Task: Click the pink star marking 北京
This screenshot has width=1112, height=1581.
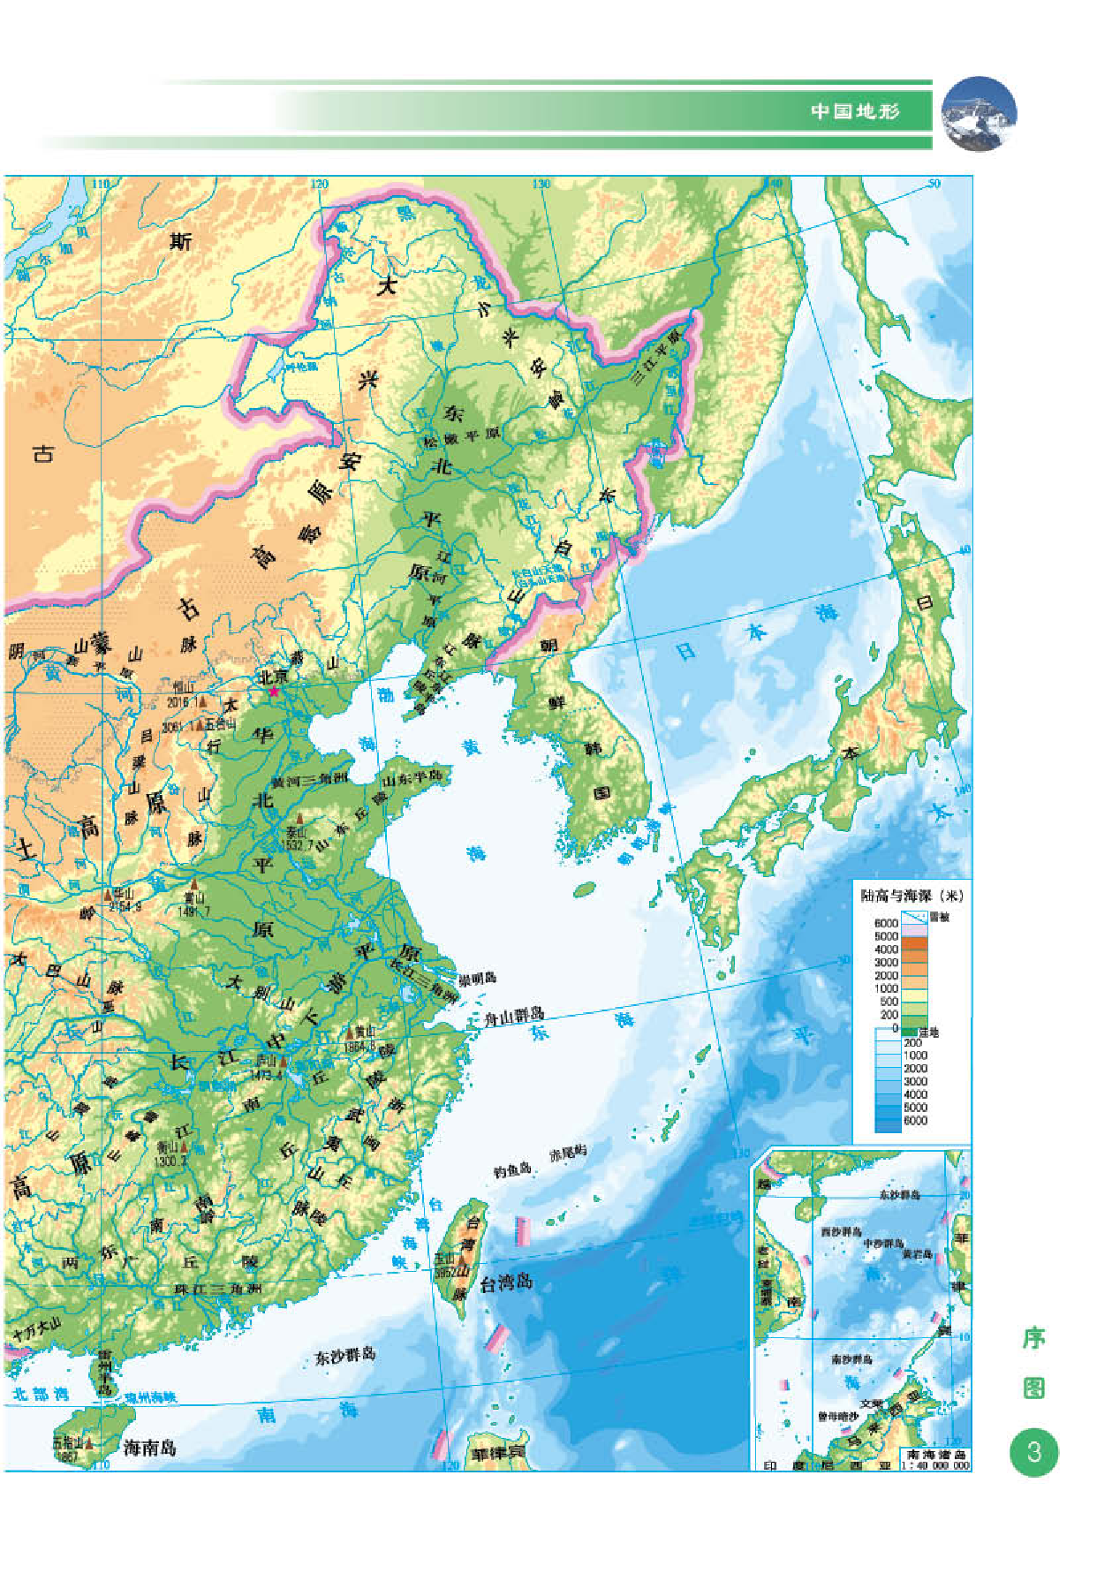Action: [x=274, y=692]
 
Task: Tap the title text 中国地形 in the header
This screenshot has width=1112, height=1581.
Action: [x=855, y=111]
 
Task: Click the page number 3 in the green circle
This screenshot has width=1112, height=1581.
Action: [x=1033, y=1451]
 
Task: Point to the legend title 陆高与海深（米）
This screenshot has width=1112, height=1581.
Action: [x=912, y=896]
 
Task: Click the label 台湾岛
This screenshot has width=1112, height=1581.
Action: [x=506, y=1283]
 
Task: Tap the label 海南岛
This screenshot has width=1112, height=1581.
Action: [x=149, y=1448]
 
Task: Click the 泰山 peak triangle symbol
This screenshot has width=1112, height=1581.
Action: [x=299, y=819]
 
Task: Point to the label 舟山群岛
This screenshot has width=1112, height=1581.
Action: [x=514, y=1017]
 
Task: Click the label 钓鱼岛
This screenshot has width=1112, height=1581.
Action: [x=512, y=1170]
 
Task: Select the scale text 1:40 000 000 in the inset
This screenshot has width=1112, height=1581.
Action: [x=934, y=1465]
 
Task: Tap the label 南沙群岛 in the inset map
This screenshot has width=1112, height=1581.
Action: [x=851, y=1359]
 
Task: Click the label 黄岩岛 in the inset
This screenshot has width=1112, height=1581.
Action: [x=918, y=1253]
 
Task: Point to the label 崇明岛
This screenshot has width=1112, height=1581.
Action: [x=478, y=978]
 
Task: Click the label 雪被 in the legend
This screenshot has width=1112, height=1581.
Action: [x=939, y=917]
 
